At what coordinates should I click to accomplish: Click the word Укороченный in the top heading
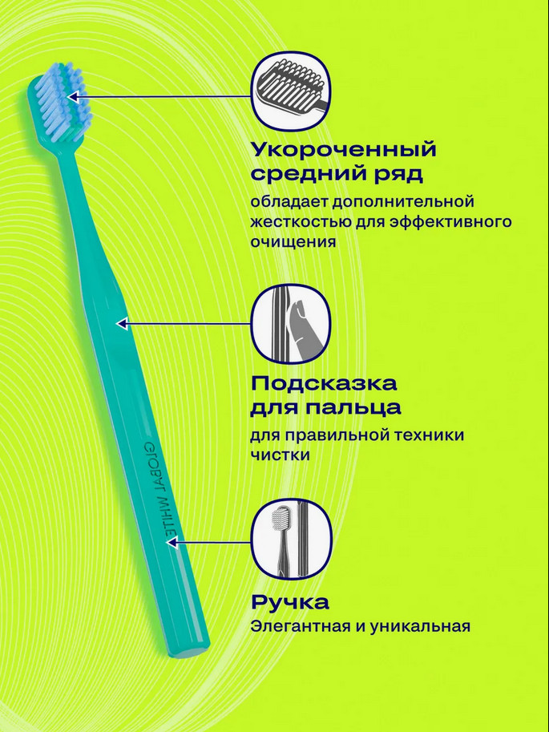(x=344, y=149)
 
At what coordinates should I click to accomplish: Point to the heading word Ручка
(x=289, y=602)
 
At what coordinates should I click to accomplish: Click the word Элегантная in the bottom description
(x=299, y=626)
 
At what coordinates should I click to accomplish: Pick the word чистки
(x=279, y=455)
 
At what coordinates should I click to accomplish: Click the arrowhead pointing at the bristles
(x=73, y=97)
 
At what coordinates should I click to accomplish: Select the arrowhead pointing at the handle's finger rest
(x=122, y=324)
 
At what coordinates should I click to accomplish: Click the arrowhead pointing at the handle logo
(x=171, y=542)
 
